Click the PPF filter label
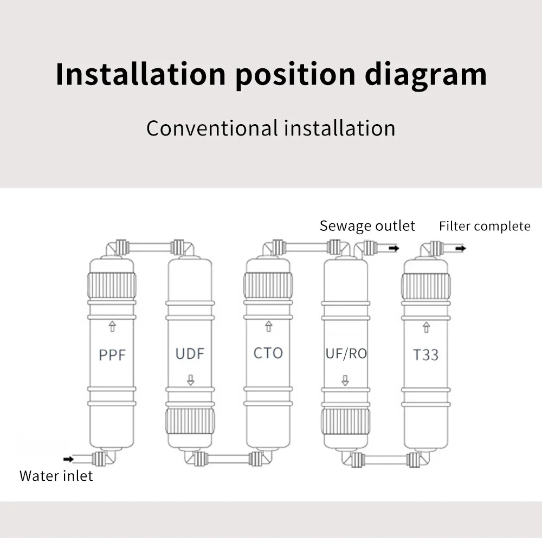tap(112, 355)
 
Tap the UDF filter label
tap(190, 354)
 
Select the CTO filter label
tap(268, 353)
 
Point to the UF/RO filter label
tap(346, 354)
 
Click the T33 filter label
tap(425, 355)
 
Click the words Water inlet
tap(56, 476)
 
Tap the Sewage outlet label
tap(367, 225)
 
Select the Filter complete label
tap(485, 226)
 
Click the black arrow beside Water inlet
tap(69, 459)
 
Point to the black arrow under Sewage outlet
tap(394, 248)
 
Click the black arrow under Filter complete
tap(460, 248)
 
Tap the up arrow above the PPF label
tap(112, 326)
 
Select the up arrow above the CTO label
tap(268, 326)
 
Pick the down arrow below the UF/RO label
tap(345, 380)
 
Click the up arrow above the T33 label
tap(425, 327)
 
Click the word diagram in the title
tap(425, 74)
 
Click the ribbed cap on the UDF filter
tap(190, 421)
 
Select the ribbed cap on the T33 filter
tap(425, 286)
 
